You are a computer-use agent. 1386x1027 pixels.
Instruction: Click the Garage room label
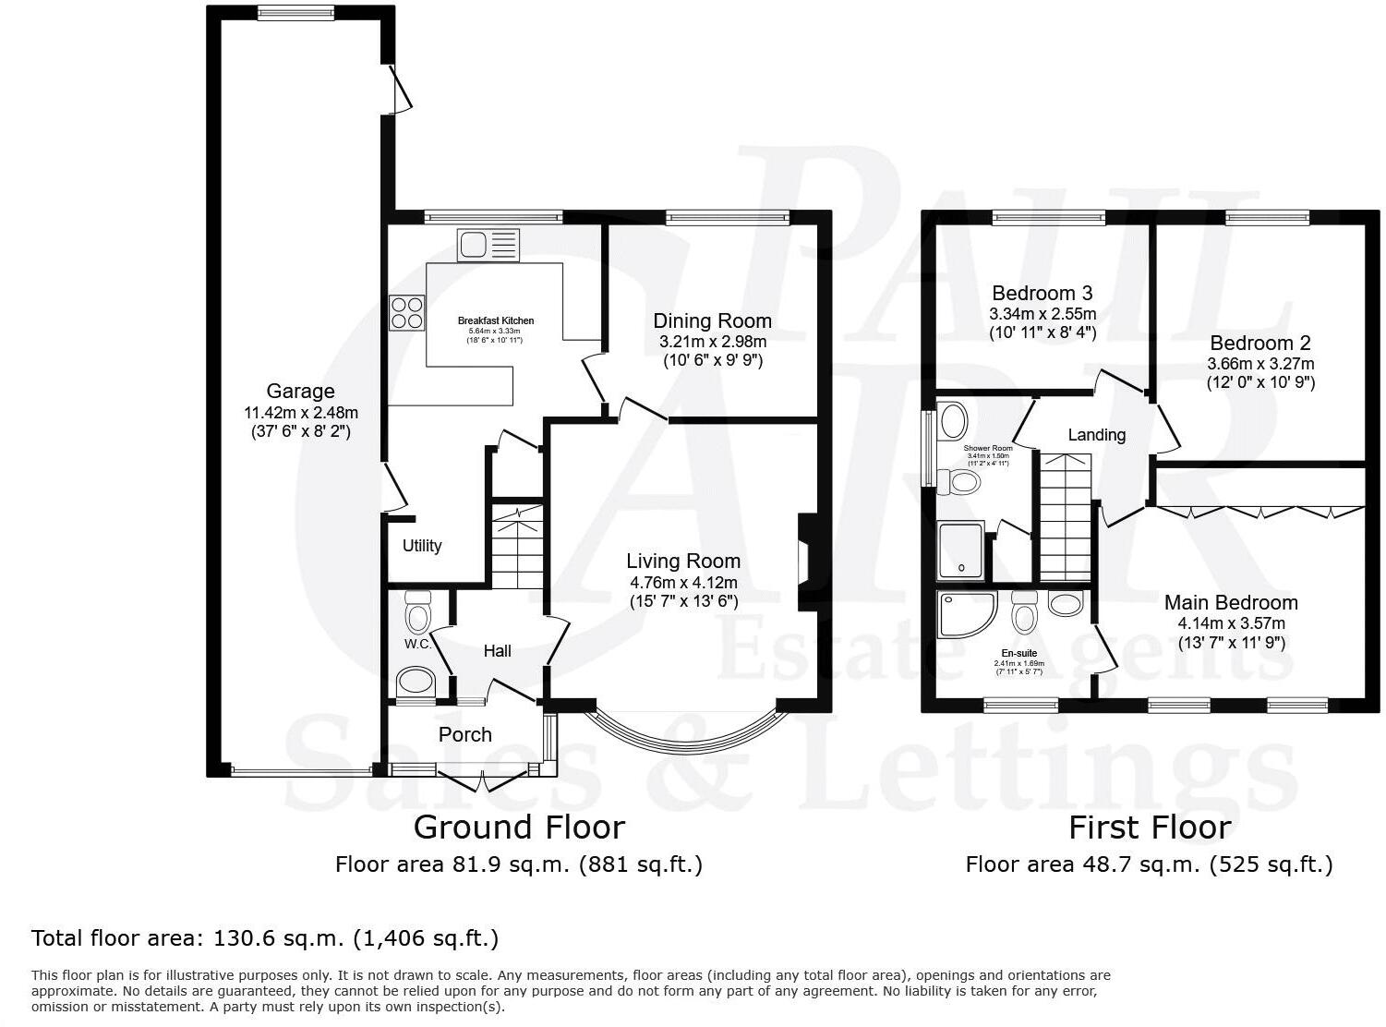click(x=300, y=392)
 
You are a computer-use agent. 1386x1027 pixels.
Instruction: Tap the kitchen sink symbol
click(x=488, y=246)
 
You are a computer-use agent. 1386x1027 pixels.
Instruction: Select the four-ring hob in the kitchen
click(x=407, y=311)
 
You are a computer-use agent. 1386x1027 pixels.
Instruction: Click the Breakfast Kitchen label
click(x=496, y=321)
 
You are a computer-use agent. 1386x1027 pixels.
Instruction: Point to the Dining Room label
click(x=712, y=321)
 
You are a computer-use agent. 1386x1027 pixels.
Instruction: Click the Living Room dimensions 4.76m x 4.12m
click(x=683, y=583)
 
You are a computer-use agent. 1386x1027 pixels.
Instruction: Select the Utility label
click(x=422, y=546)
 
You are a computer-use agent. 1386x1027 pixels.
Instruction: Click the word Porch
click(x=465, y=735)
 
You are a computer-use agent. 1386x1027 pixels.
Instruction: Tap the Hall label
click(x=498, y=651)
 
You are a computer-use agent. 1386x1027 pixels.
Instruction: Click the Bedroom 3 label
click(x=1042, y=294)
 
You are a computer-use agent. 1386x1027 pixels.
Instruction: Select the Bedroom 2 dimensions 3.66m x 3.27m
click(x=1260, y=364)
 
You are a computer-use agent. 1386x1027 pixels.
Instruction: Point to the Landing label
click(x=1097, y=435)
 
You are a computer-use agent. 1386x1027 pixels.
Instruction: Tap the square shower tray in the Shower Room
click(x=960, y=550)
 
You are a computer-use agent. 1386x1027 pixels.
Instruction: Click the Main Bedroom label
click(x=1231, y=603)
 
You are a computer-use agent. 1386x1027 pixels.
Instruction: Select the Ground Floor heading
click(x=519, y=827)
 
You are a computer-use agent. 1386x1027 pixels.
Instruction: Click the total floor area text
click(x=265, y=939)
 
